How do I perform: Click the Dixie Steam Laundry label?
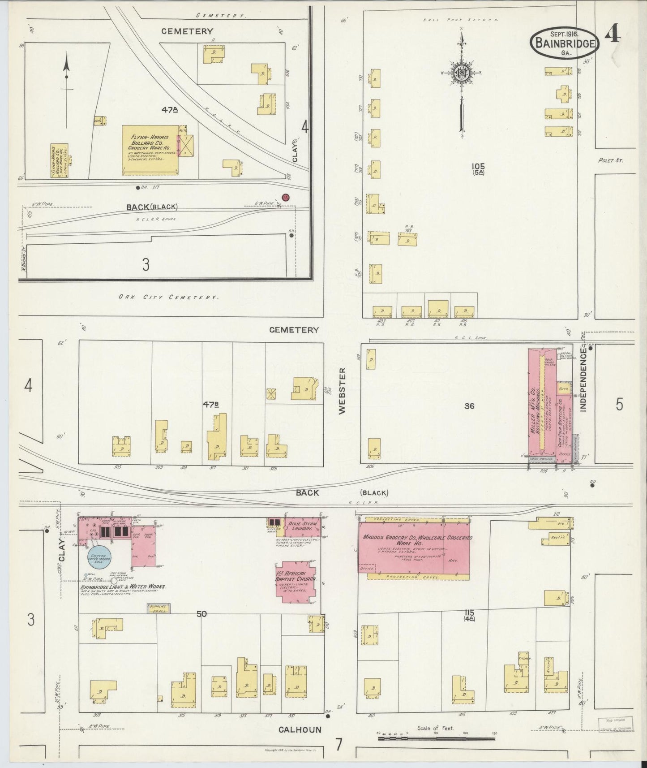click(x=303, y=526)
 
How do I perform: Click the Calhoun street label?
click(x=300, y=729)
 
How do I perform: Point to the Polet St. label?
click(x=610, y=160)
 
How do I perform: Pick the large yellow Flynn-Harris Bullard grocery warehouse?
click(x=150, y=150)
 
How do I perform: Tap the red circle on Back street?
click(x=285, y=197)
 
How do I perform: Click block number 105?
click(x=478, y=166)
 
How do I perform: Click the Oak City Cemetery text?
click(x=168, y=297)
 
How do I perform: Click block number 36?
click(x=469, y=406)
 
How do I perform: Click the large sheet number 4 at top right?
click(x=613, y=35)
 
